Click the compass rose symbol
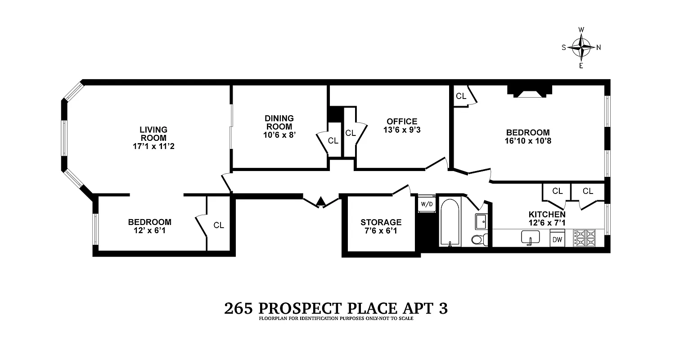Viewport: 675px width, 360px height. tap(581, 47)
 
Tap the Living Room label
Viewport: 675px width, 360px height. tap(153, 134)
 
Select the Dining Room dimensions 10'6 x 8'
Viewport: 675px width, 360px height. tap(279, 135)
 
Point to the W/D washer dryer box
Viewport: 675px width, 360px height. tap(426, 204)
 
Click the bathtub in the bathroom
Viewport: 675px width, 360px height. tap(450, 222)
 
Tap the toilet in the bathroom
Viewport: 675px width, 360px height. tap(478, 238)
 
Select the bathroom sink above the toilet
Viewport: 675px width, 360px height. tap(481, 221)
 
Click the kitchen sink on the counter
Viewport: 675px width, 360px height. tap(531, 237)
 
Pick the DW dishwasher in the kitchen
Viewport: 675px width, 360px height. tap(558, 239)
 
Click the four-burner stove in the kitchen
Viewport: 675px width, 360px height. tap(584, 238)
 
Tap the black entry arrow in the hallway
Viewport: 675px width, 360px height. tap(320, 202)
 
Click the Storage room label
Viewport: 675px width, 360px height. tap(381, 222)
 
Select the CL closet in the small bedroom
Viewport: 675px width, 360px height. tap(219, 225)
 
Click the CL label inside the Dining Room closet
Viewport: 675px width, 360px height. tap(333, 140)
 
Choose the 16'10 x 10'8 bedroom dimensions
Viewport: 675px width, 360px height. tap(527, 140)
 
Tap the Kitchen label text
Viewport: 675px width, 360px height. tap(547, 215)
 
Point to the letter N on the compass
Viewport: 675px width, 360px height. tap(598, 47)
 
